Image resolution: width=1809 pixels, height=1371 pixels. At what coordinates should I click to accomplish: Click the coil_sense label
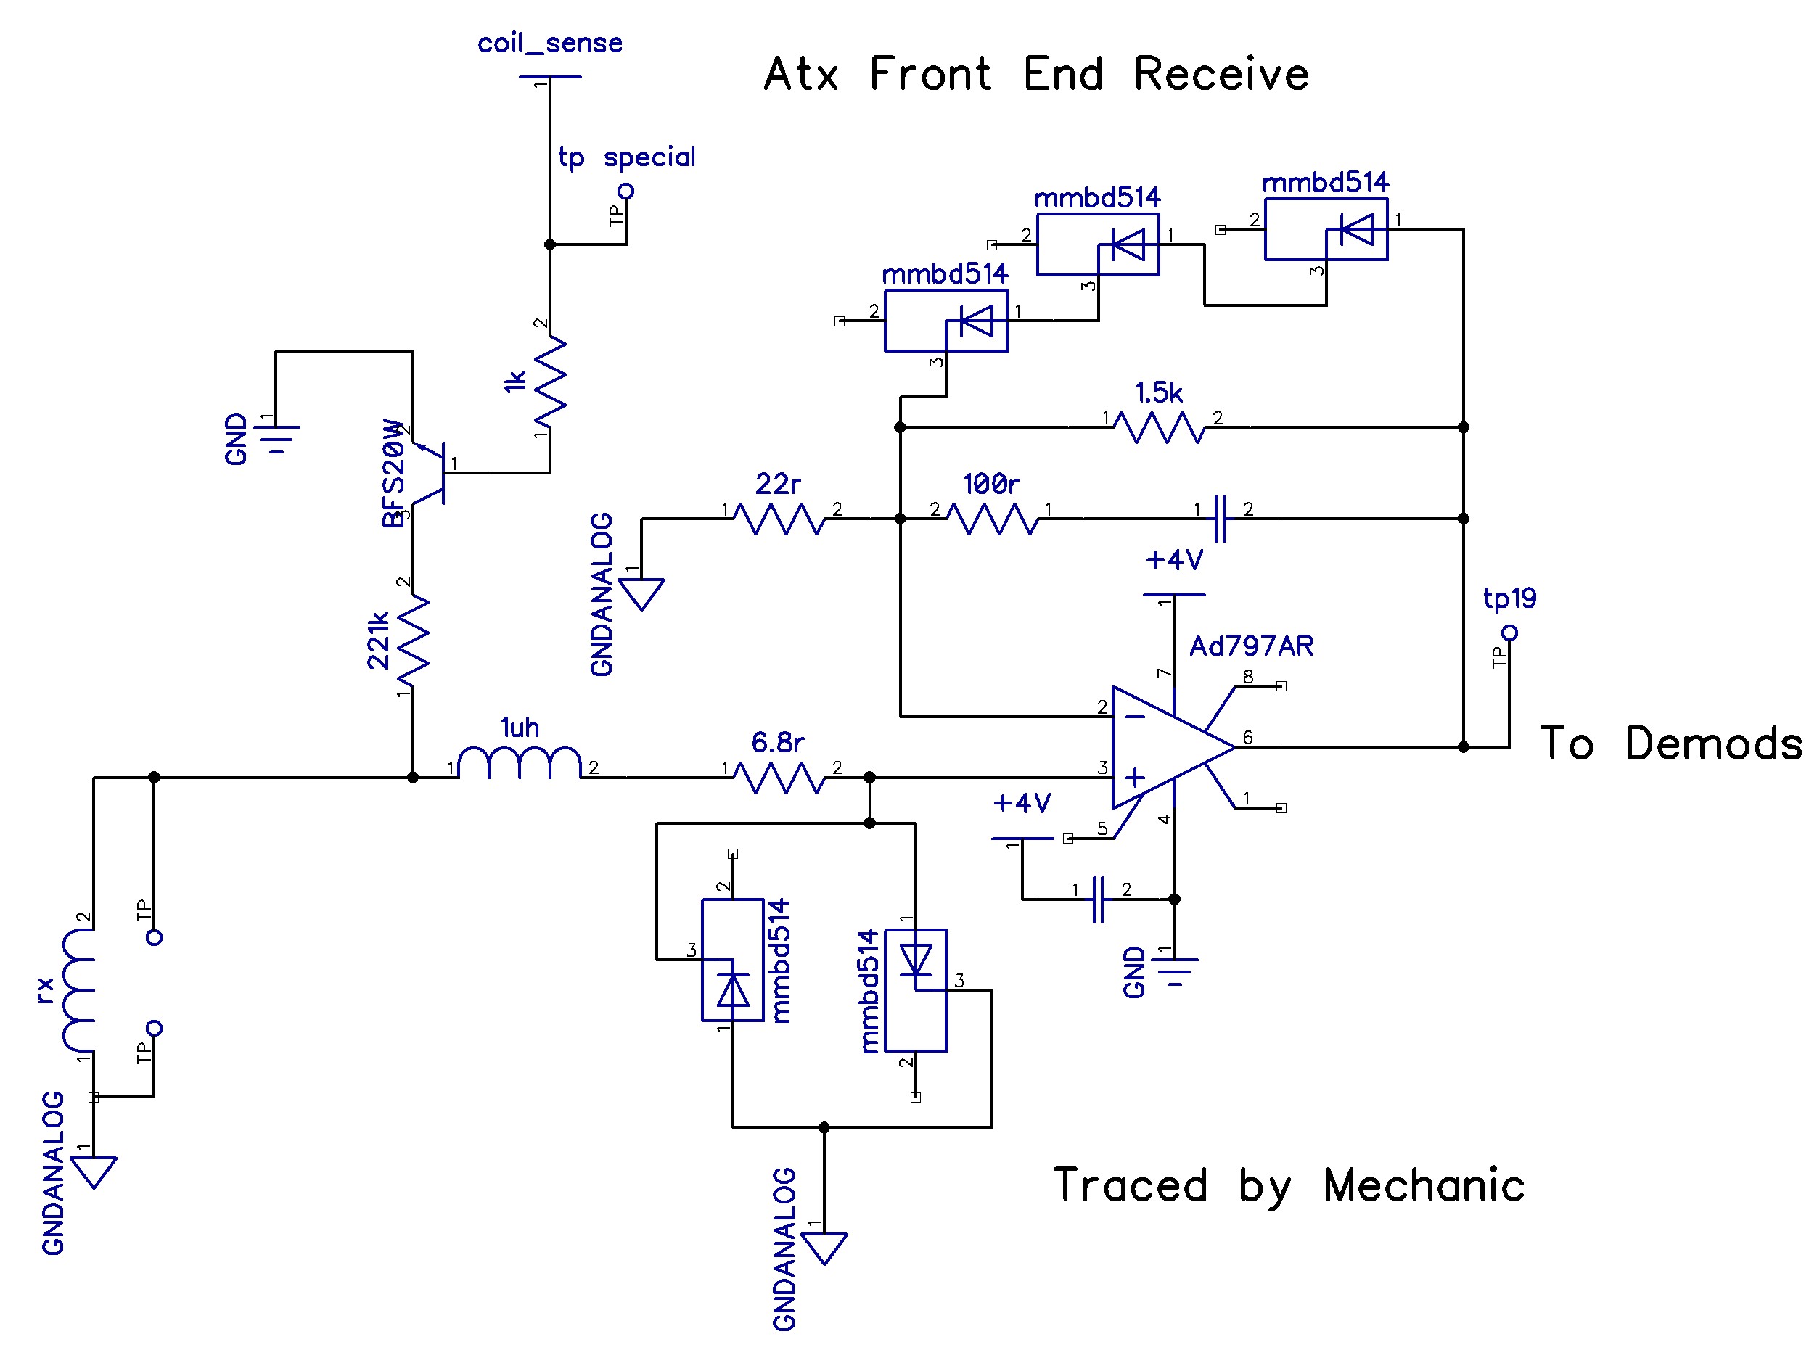(549, 43)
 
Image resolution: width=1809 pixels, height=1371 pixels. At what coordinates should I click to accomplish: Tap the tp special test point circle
(625, 192)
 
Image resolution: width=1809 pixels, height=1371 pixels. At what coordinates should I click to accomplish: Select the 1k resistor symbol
(549, 381)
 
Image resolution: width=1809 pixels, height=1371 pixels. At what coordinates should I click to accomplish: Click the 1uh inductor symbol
(520, 764)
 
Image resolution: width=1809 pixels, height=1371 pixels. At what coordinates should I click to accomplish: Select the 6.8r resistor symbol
(779, 777)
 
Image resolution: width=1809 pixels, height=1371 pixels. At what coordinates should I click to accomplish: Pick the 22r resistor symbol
(779, 519)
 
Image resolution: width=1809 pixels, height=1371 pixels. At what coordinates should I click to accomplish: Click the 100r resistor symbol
(993, 519)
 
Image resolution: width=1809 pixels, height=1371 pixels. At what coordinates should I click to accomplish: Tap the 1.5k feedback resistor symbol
(1160, 427)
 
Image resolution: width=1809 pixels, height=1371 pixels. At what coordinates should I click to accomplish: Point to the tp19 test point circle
(1510, 633)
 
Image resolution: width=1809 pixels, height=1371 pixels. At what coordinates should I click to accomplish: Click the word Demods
(1712, 744)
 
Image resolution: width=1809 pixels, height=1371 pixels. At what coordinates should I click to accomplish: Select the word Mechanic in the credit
(1424, 1186)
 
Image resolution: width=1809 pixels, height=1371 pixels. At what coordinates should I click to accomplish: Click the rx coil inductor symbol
(78, 990)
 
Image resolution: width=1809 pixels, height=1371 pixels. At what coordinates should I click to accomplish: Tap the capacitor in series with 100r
(1221, 519)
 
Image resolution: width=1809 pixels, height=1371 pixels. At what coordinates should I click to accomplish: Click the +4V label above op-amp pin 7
(1173, 560)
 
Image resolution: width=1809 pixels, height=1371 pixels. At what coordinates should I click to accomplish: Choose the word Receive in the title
(1221, 75)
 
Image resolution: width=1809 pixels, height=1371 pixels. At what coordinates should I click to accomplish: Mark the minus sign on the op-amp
(1134, 717)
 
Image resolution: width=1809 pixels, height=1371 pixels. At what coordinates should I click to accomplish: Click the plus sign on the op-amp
(1134, 778)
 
